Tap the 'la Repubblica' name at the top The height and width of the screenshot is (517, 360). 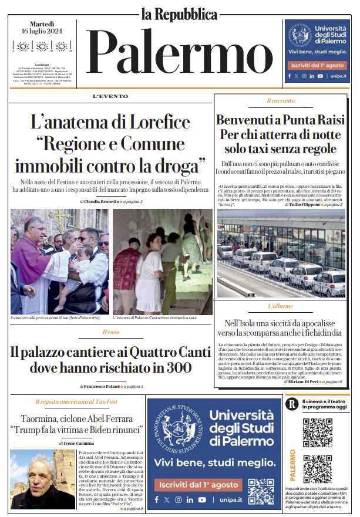click(179, 13)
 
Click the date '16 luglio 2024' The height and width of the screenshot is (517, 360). click(42, 31)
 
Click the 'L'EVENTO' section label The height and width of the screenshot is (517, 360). click(110, 96)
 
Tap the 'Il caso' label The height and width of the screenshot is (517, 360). click(110, 333)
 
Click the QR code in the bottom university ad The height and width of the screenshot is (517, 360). click(260, 490)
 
